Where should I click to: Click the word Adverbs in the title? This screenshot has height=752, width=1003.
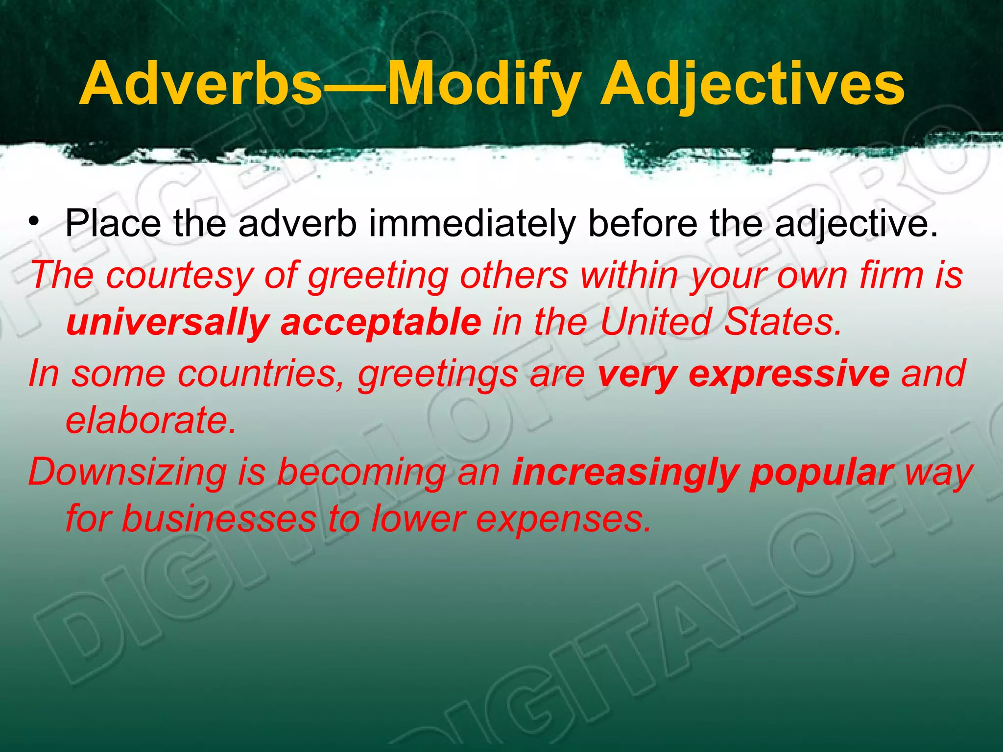pos(201,84)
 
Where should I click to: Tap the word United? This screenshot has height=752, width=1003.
pos(656,323)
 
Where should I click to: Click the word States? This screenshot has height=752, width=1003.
pos(783,323)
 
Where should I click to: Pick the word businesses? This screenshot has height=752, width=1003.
pos(219,519)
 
